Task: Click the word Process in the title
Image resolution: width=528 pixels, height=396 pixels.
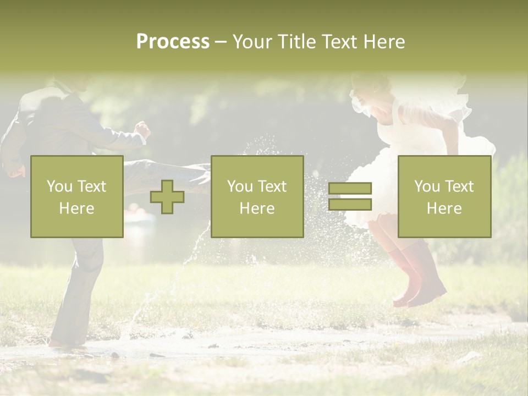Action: [x=173, y=42]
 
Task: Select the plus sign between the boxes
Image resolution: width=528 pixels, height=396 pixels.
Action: [x=167, y=197]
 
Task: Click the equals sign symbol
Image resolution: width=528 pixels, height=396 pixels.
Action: [x=350, y=196]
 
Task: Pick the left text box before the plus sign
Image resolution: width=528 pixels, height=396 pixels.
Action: [x=77, y=197]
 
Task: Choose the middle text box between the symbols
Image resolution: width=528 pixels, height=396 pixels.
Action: [x=257, y=197]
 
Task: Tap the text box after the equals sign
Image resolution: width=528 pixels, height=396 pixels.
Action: [x=444, y=197]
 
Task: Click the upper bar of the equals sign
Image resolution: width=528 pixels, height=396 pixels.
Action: [x=350, y=189]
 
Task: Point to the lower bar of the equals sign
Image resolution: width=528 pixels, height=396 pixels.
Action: [x=350, y=205]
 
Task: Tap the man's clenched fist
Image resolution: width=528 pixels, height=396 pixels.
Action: [x=143, y=130]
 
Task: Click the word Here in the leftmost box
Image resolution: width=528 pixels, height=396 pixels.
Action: [x=77, y=208]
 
